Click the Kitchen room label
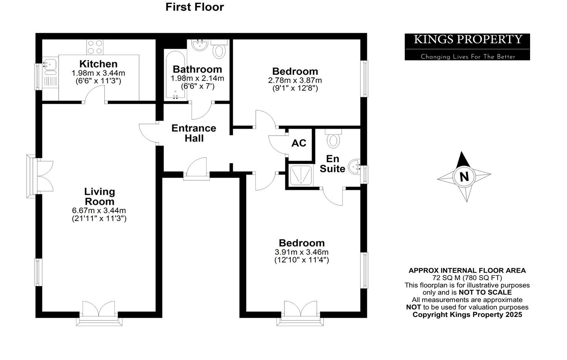(98, 64)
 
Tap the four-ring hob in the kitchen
(95, 47)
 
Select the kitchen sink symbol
(50, 66)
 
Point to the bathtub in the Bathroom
(176, 75)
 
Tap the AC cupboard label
(299, 143)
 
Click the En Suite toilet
(333, 138)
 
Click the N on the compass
(464, 177)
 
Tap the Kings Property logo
(467, 47)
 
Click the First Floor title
(194, 7)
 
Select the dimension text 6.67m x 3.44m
(99, 211)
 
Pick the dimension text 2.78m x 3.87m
(295, 80)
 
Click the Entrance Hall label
(194, 133)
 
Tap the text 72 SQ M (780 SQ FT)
(467, 278)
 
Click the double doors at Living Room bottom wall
(99, 310)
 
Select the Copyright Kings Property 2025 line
(467, 315)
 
